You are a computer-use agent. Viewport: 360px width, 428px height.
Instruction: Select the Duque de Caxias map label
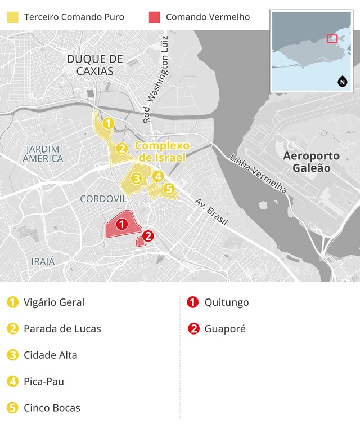coord(94,65)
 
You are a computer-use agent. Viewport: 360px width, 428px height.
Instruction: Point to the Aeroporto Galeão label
coord(312,162)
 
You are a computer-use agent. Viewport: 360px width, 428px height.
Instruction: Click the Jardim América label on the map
coord(43,153)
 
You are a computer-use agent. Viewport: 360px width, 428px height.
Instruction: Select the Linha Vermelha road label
coord(259,173)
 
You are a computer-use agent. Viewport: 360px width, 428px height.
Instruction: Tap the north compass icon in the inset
coord(342,82)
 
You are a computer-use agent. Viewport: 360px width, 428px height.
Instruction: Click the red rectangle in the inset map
coord(332,38)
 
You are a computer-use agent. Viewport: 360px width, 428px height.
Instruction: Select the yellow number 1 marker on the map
coord(109,123)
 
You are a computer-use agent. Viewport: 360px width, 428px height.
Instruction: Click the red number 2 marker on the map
coord(148,236)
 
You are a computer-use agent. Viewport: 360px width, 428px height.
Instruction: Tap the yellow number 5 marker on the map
coord(169,189)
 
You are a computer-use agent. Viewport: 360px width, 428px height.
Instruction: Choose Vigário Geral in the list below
coord(54,302)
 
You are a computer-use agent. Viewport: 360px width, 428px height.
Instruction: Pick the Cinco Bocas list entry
coord(52,408)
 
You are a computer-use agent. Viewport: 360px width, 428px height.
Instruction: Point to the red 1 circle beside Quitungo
coord(193,302)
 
